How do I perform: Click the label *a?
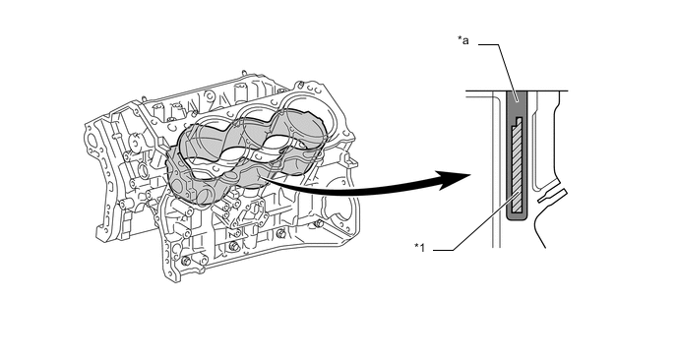click(463, 40)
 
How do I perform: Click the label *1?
click(419, 248)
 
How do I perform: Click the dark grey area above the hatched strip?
click(517, 104)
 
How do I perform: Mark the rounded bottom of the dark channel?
click(517, 217)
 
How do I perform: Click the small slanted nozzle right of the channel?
click(551, 196)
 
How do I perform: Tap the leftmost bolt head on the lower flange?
click(186, 262)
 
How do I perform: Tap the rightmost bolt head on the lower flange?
click(318, 223)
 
